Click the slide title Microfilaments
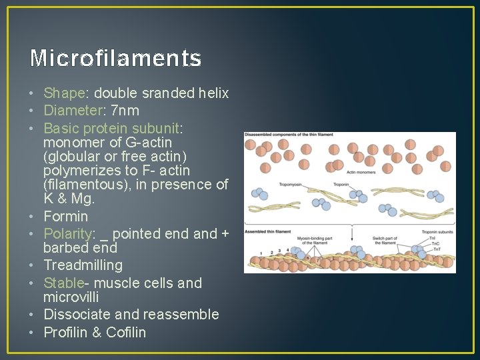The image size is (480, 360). (x=115, y=59)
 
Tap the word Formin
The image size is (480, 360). (x=65, y=216)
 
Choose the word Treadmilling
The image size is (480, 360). (x=83, y=265)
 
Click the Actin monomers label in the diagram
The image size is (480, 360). (x=361, y=171)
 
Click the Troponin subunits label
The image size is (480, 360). (x=438, y=231)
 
